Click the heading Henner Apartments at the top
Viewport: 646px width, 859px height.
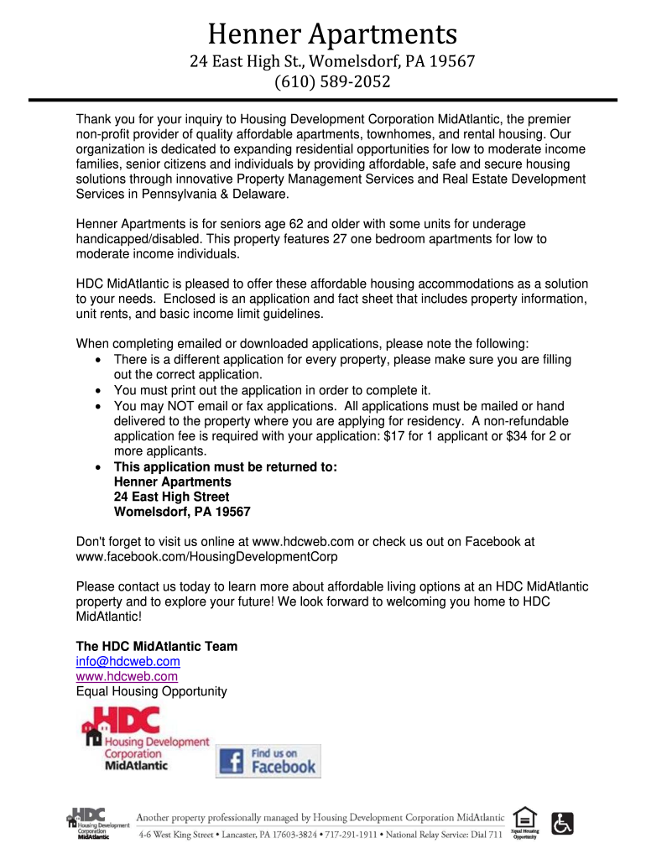pos(332,34)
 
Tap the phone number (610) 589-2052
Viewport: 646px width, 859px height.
pos(333,82)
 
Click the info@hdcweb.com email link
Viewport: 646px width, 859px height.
pos(128,661)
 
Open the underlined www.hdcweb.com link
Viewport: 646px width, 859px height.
pos(127,676)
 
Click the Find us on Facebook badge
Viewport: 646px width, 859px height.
pos(268,760)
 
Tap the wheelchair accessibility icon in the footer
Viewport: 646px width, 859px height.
pos(563,822)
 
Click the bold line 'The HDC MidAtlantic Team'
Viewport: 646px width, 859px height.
pos(157,646)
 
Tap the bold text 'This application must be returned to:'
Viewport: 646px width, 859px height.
pos(225,466)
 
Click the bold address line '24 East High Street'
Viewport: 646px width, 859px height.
pos(171,497)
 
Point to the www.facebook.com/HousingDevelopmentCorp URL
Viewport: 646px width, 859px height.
pos(206,556)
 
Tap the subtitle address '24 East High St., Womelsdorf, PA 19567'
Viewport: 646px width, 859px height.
pos(332,61)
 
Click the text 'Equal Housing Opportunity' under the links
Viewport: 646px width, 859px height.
pos(152,691)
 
